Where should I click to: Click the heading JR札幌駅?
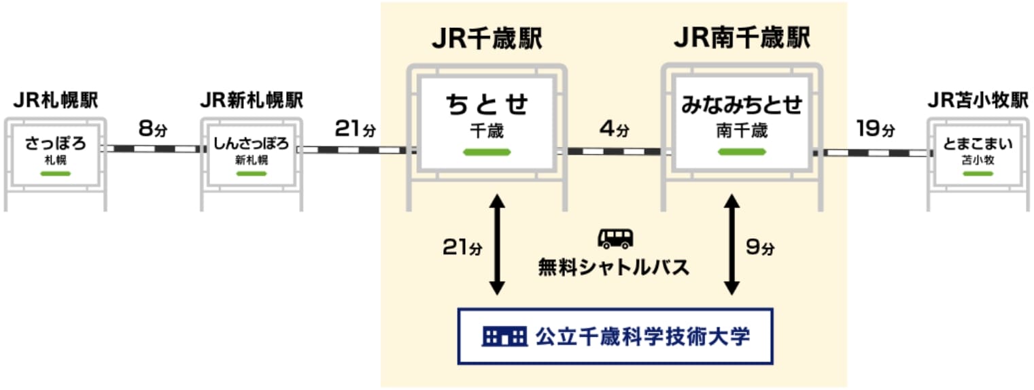point(56,101)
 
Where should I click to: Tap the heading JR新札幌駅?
point(252,101)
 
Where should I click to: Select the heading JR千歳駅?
point(487,39)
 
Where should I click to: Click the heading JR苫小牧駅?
point(978,101)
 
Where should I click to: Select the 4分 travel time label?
point(614,128)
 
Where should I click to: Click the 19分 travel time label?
point(876,128)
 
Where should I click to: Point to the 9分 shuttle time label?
point(760,248)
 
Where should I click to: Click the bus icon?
point(615,238)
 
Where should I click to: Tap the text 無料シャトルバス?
point(614,267)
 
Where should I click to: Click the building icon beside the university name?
point(504,336)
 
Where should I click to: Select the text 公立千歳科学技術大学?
point(642,336)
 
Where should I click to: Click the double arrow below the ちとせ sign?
point(498,244)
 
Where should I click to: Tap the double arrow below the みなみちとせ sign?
point(731,244)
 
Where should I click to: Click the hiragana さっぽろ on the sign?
point(55,144)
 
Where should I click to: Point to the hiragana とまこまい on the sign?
point(978,144)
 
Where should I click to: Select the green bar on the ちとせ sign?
point(487,152)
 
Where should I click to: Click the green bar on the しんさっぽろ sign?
point(252,173)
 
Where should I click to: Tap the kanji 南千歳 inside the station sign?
point(742,131)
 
